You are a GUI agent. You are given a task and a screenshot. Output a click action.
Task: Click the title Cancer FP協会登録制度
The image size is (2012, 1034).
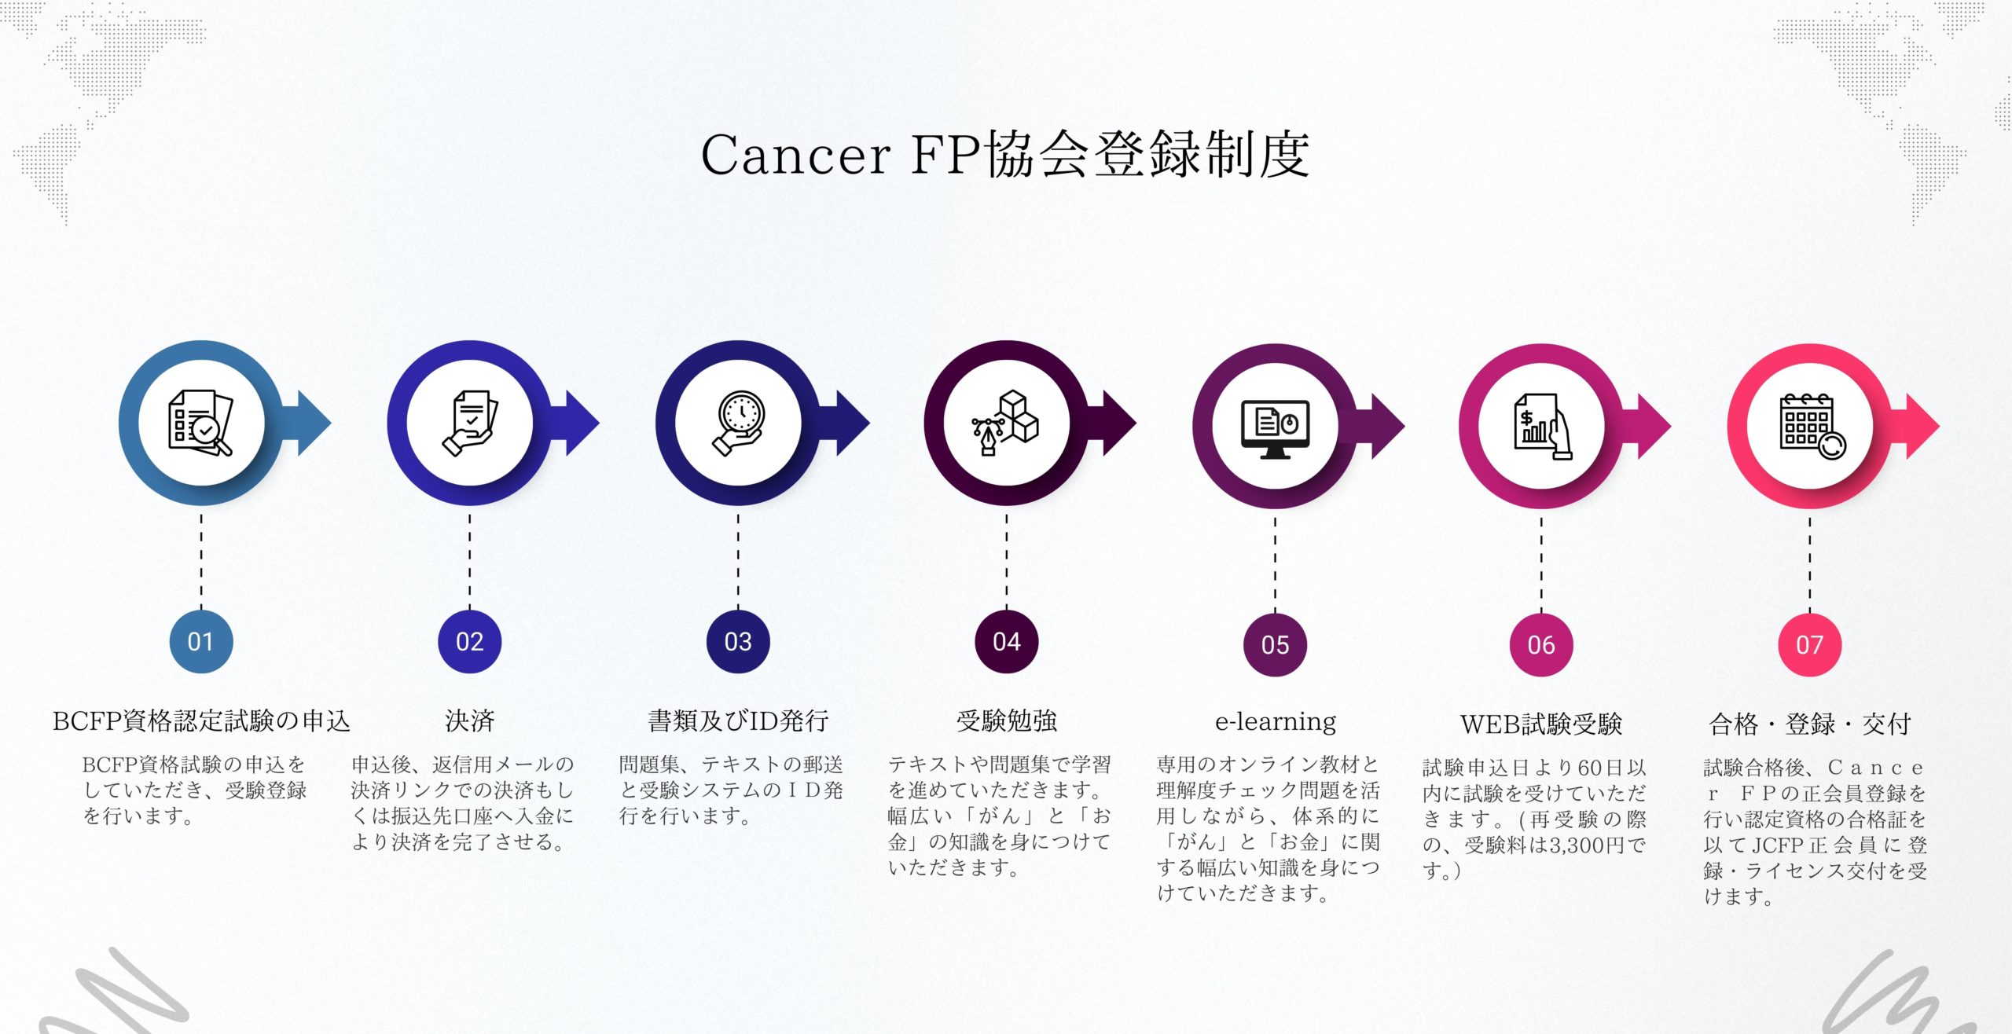coord(1005,154)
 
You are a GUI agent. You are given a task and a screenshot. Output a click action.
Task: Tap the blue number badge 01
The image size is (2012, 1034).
coord(201,641)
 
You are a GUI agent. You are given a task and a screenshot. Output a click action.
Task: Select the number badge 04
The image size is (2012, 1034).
coord(1007,641)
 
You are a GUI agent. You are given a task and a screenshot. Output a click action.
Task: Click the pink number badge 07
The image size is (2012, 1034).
coord(1809,644)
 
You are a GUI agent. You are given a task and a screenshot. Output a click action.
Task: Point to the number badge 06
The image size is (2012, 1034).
coord(1541,644)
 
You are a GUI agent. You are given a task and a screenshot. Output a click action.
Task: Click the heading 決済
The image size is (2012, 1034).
coord(469,720)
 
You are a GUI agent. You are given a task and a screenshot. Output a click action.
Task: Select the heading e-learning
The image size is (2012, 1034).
coord(1275,721)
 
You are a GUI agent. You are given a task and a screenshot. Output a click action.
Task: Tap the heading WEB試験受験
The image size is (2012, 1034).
coord(1540,724)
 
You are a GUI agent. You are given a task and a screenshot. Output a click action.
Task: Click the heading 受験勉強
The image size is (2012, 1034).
coord(1007,720)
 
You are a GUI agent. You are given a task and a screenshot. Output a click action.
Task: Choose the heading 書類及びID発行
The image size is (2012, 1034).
coord(738,720)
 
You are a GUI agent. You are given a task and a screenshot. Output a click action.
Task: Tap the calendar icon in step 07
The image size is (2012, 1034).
coord(1811,427)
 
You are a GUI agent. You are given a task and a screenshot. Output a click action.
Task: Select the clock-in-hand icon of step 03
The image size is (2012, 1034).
coord(738,423)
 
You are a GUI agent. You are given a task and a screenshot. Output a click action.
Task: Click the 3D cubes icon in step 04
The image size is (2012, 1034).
coord(1007,423)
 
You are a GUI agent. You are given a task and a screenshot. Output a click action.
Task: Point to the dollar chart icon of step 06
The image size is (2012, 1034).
coord(1541,427)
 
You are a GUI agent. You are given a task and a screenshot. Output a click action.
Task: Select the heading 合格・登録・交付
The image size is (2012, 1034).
coord(1809,724)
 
